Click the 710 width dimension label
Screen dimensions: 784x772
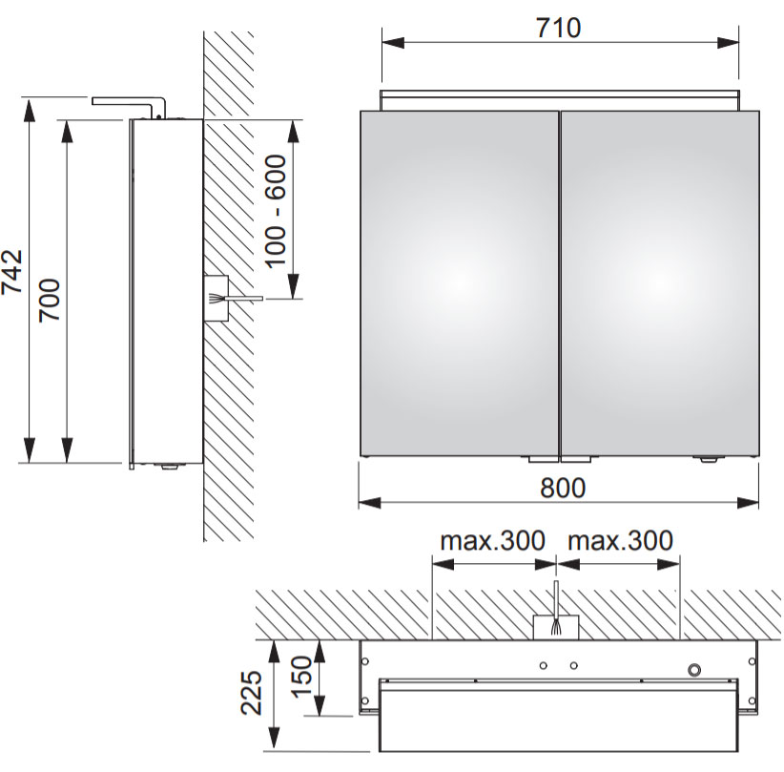tap(559, 28)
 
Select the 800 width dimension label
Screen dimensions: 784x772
tap(563, 488)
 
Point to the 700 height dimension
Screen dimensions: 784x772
tap(50, 301)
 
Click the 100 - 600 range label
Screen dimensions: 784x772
tap(276, 212)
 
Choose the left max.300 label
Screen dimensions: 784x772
tap(492, 541)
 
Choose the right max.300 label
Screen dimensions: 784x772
tap(621, 541)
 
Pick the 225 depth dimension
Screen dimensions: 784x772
tap(252, 693)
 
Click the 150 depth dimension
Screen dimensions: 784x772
tap(301, 677)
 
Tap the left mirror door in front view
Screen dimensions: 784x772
tap(459, 283)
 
